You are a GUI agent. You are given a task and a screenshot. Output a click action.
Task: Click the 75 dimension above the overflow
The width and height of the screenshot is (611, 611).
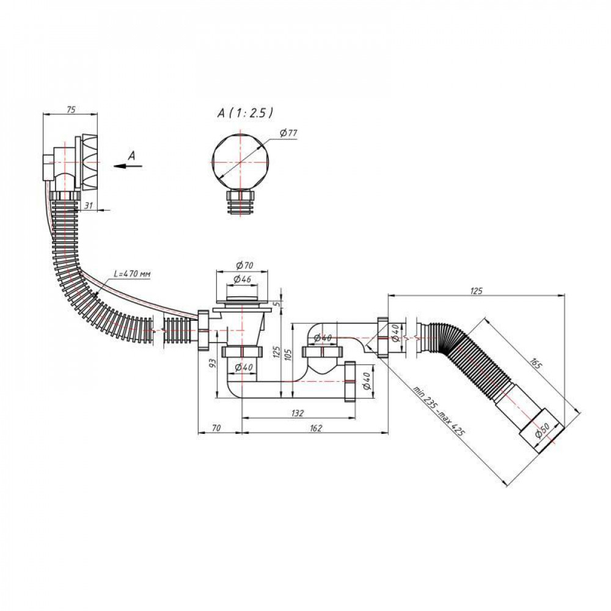tap(70, 110)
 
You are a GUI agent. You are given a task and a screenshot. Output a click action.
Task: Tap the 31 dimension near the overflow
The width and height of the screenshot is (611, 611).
tap(88, 206)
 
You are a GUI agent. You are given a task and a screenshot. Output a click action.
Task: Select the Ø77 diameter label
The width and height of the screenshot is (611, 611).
tap(288, 134)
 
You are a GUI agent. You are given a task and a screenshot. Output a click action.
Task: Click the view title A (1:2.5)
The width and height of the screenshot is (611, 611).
tap(244, 112)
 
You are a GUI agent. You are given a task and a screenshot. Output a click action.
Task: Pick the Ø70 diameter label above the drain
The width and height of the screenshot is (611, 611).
tap(244, 266)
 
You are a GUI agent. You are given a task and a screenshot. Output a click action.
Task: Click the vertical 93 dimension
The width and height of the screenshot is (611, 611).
tap(213, 365)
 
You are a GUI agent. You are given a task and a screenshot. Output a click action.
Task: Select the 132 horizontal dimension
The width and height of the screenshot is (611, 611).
tap(297, 414)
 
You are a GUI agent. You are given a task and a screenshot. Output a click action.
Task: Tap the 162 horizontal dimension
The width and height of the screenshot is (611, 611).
tap(315, 428)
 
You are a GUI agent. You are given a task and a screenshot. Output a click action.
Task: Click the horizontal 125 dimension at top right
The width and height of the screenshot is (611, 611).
tap(477, 291)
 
